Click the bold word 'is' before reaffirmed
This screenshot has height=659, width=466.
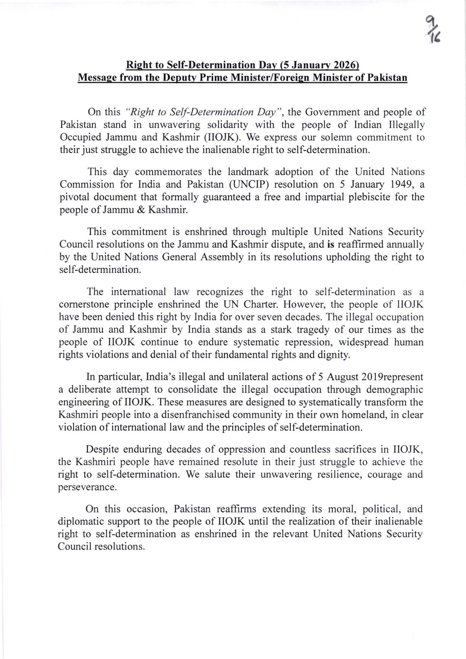(x=331, y=245)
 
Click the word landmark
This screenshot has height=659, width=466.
(x=248, y=172)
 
